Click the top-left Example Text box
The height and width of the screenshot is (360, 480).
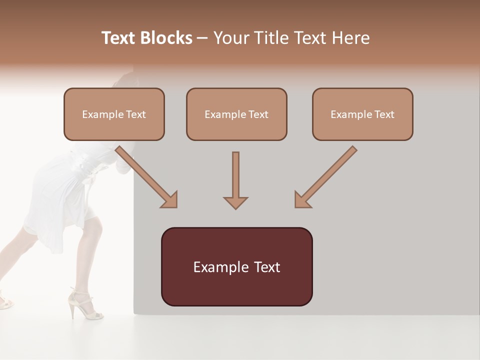coord(114,114)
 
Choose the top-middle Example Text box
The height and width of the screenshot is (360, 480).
coord(236,114)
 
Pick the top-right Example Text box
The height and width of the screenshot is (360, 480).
coord(362,114)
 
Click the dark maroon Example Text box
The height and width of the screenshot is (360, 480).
coord(236,266)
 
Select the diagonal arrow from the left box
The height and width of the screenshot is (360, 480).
coord(147,177)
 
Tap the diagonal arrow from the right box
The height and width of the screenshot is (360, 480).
coord(325,177)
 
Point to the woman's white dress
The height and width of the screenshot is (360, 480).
coord(60,200)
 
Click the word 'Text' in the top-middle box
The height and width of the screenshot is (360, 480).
coord(258,114)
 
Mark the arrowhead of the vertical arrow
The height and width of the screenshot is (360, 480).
coord(235,202)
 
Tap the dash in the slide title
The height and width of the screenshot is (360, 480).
coord(202,38)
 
